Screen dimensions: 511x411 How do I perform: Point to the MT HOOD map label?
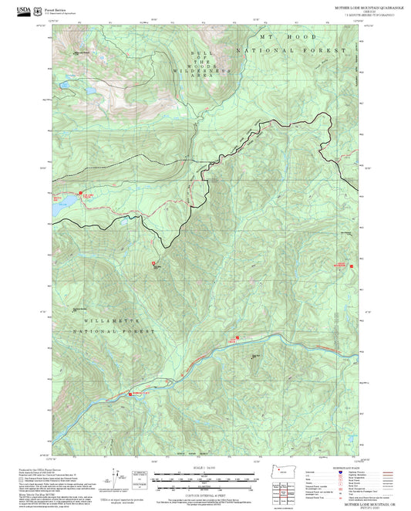[x=266, y=36]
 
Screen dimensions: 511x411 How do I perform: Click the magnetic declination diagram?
[x=116, y=478]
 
